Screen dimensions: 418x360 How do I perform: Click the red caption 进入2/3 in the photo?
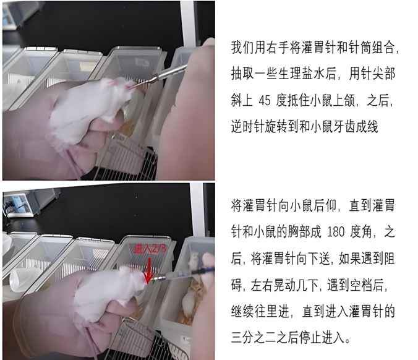tap(150, 249)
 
